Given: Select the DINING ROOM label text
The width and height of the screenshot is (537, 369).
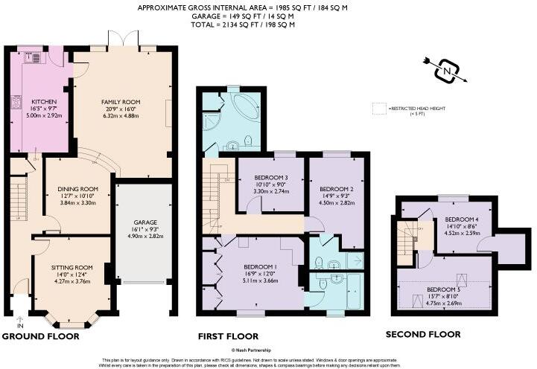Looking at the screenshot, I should click(78, 189).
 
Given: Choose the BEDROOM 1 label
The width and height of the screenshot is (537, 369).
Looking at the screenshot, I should click(261, 266).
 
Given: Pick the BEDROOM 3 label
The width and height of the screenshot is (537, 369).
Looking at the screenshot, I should click(270, 176).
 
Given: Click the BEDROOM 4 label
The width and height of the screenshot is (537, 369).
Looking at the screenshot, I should click(460, 220).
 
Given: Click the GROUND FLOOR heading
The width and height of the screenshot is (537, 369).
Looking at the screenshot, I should click(40, 336).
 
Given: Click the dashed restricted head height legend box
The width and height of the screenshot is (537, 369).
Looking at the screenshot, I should click(378, 109).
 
